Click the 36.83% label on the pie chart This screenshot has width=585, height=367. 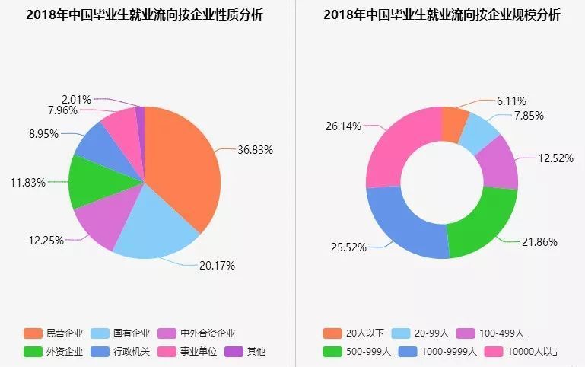255,150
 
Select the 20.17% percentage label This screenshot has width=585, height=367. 217,266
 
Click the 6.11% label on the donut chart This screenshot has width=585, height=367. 511,101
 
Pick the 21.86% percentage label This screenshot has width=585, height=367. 539,242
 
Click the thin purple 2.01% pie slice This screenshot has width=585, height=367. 140,115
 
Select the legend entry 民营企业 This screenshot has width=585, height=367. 54,333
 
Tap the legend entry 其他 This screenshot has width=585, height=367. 245,351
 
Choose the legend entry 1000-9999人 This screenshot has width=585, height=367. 440,351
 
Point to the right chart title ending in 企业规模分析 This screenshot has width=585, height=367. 441,15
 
